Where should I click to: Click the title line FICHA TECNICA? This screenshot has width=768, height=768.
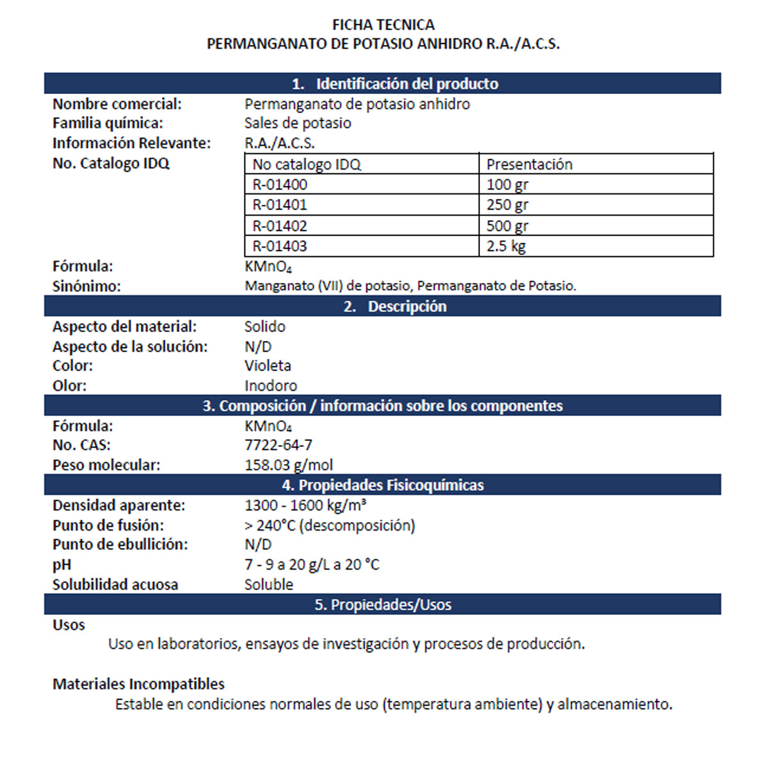point(383,25)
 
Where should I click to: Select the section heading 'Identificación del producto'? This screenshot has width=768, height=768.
point(395,84)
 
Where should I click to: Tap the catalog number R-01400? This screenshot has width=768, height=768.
point(280,185)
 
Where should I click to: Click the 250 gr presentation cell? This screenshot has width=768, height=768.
point(508,205)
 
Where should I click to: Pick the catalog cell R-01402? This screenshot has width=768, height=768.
point(280,226)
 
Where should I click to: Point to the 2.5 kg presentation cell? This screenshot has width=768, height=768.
point(506,246)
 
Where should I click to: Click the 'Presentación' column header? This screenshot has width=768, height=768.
point(529,164)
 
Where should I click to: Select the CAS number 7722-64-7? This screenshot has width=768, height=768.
point(278,445)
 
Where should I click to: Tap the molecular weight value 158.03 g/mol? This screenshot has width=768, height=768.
point(289,465)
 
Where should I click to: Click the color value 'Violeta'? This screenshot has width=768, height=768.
point(268,365)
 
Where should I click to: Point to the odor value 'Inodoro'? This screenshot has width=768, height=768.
point(271,386)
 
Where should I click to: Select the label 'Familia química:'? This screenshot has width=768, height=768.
point(108,123)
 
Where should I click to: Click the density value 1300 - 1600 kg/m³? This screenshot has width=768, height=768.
point(305,506)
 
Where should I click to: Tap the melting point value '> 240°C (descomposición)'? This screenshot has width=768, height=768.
point(330,525)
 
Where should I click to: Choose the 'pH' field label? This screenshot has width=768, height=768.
point(62,565)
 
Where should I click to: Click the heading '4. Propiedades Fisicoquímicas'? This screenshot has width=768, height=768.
point(383,485)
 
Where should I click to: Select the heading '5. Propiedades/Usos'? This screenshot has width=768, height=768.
point(383,605)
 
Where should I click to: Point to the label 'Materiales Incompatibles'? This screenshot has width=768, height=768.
point(138,684)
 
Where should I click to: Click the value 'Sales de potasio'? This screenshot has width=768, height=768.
point(298,123)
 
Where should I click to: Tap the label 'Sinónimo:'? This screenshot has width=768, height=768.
point(86,286)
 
